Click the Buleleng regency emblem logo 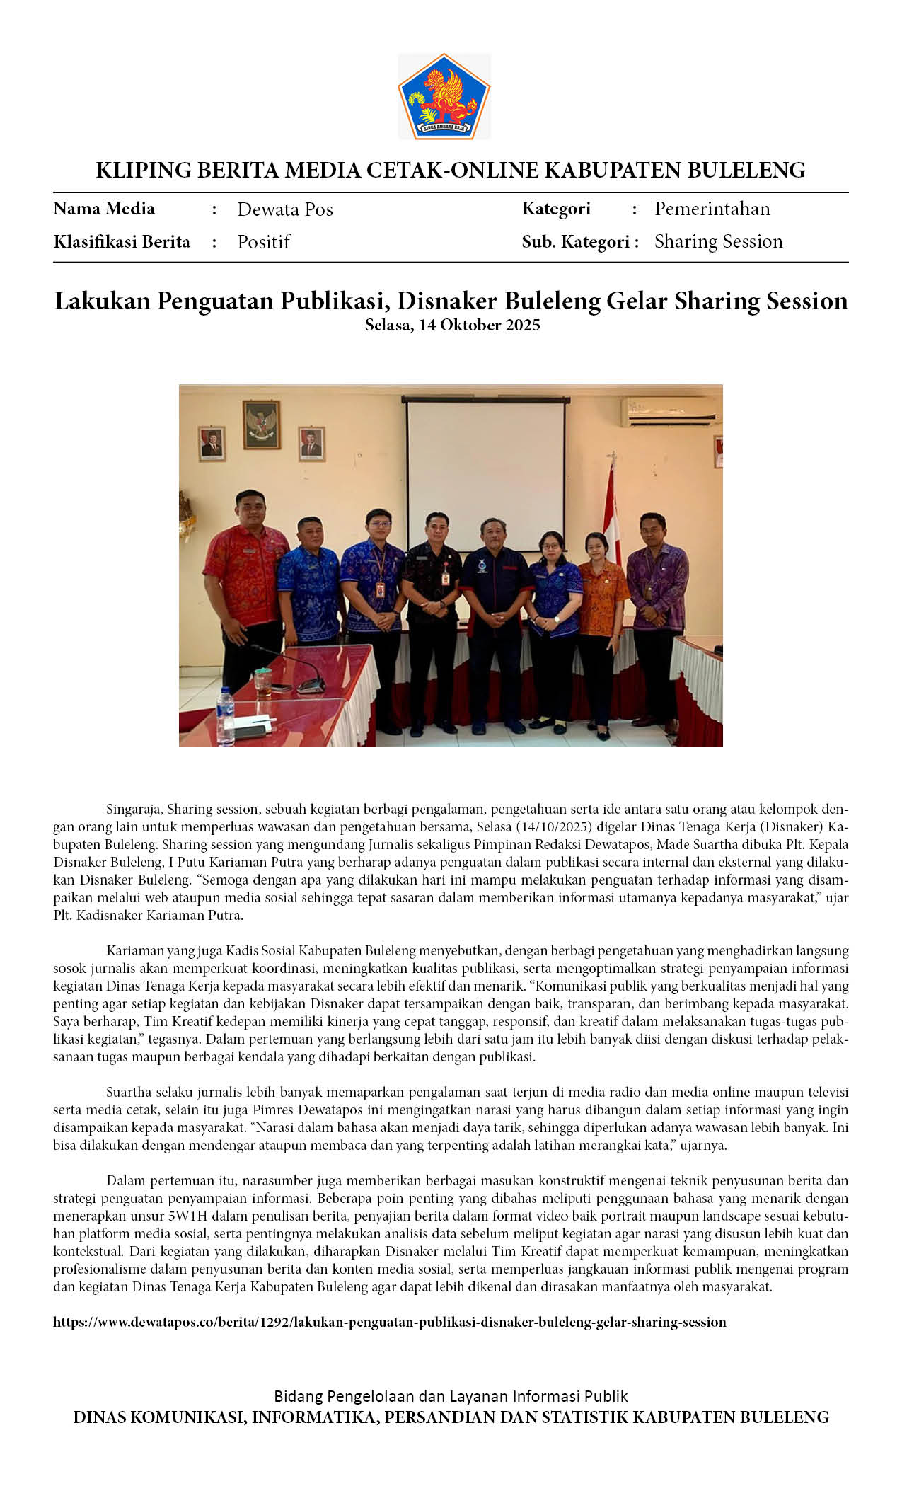pos(444,96)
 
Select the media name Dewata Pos pos(284,209)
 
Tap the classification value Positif pos(263,242)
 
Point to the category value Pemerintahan pos(712,209)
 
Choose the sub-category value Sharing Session pos(718,241)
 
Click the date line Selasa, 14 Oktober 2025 pos(452,325)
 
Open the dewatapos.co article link pos(389,1322)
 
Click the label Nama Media pos(103,209)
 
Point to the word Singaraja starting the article pos(133,809)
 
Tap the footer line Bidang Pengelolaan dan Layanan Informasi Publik pos(451,1396)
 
